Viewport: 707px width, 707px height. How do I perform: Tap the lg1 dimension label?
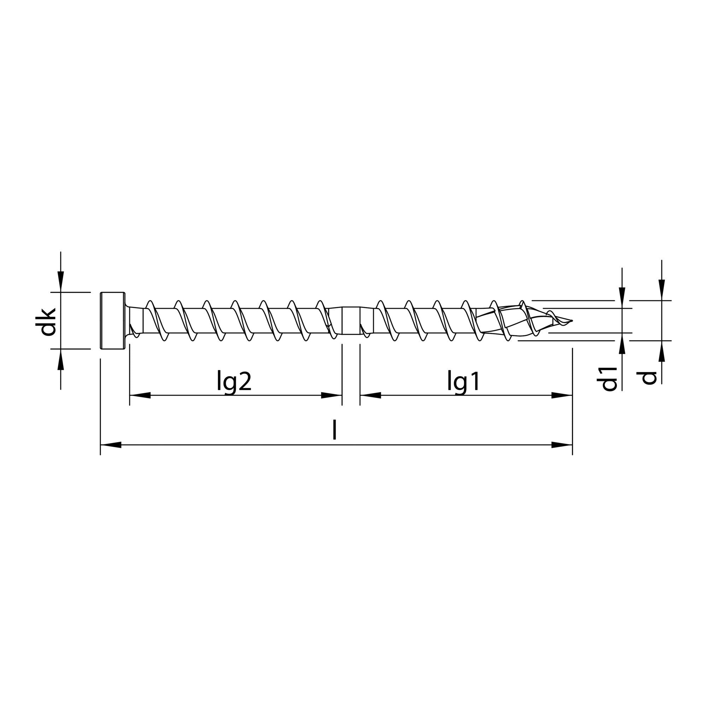coord(463,382)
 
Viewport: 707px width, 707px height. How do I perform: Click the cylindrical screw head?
coord(112,320)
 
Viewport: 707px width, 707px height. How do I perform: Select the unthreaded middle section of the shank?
coord(351,320)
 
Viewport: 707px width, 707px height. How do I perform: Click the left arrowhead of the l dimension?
coord(110,445)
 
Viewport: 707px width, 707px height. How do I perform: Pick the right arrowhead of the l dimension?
coord(562,445)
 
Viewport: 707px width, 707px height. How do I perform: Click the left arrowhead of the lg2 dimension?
coord(140,395)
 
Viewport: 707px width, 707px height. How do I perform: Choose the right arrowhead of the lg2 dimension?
coord(332,395)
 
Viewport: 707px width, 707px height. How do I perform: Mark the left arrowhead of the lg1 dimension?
coord(370,395)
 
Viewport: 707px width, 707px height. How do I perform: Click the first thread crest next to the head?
coord(149,303)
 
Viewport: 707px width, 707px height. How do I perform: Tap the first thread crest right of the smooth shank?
coord(381,303)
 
